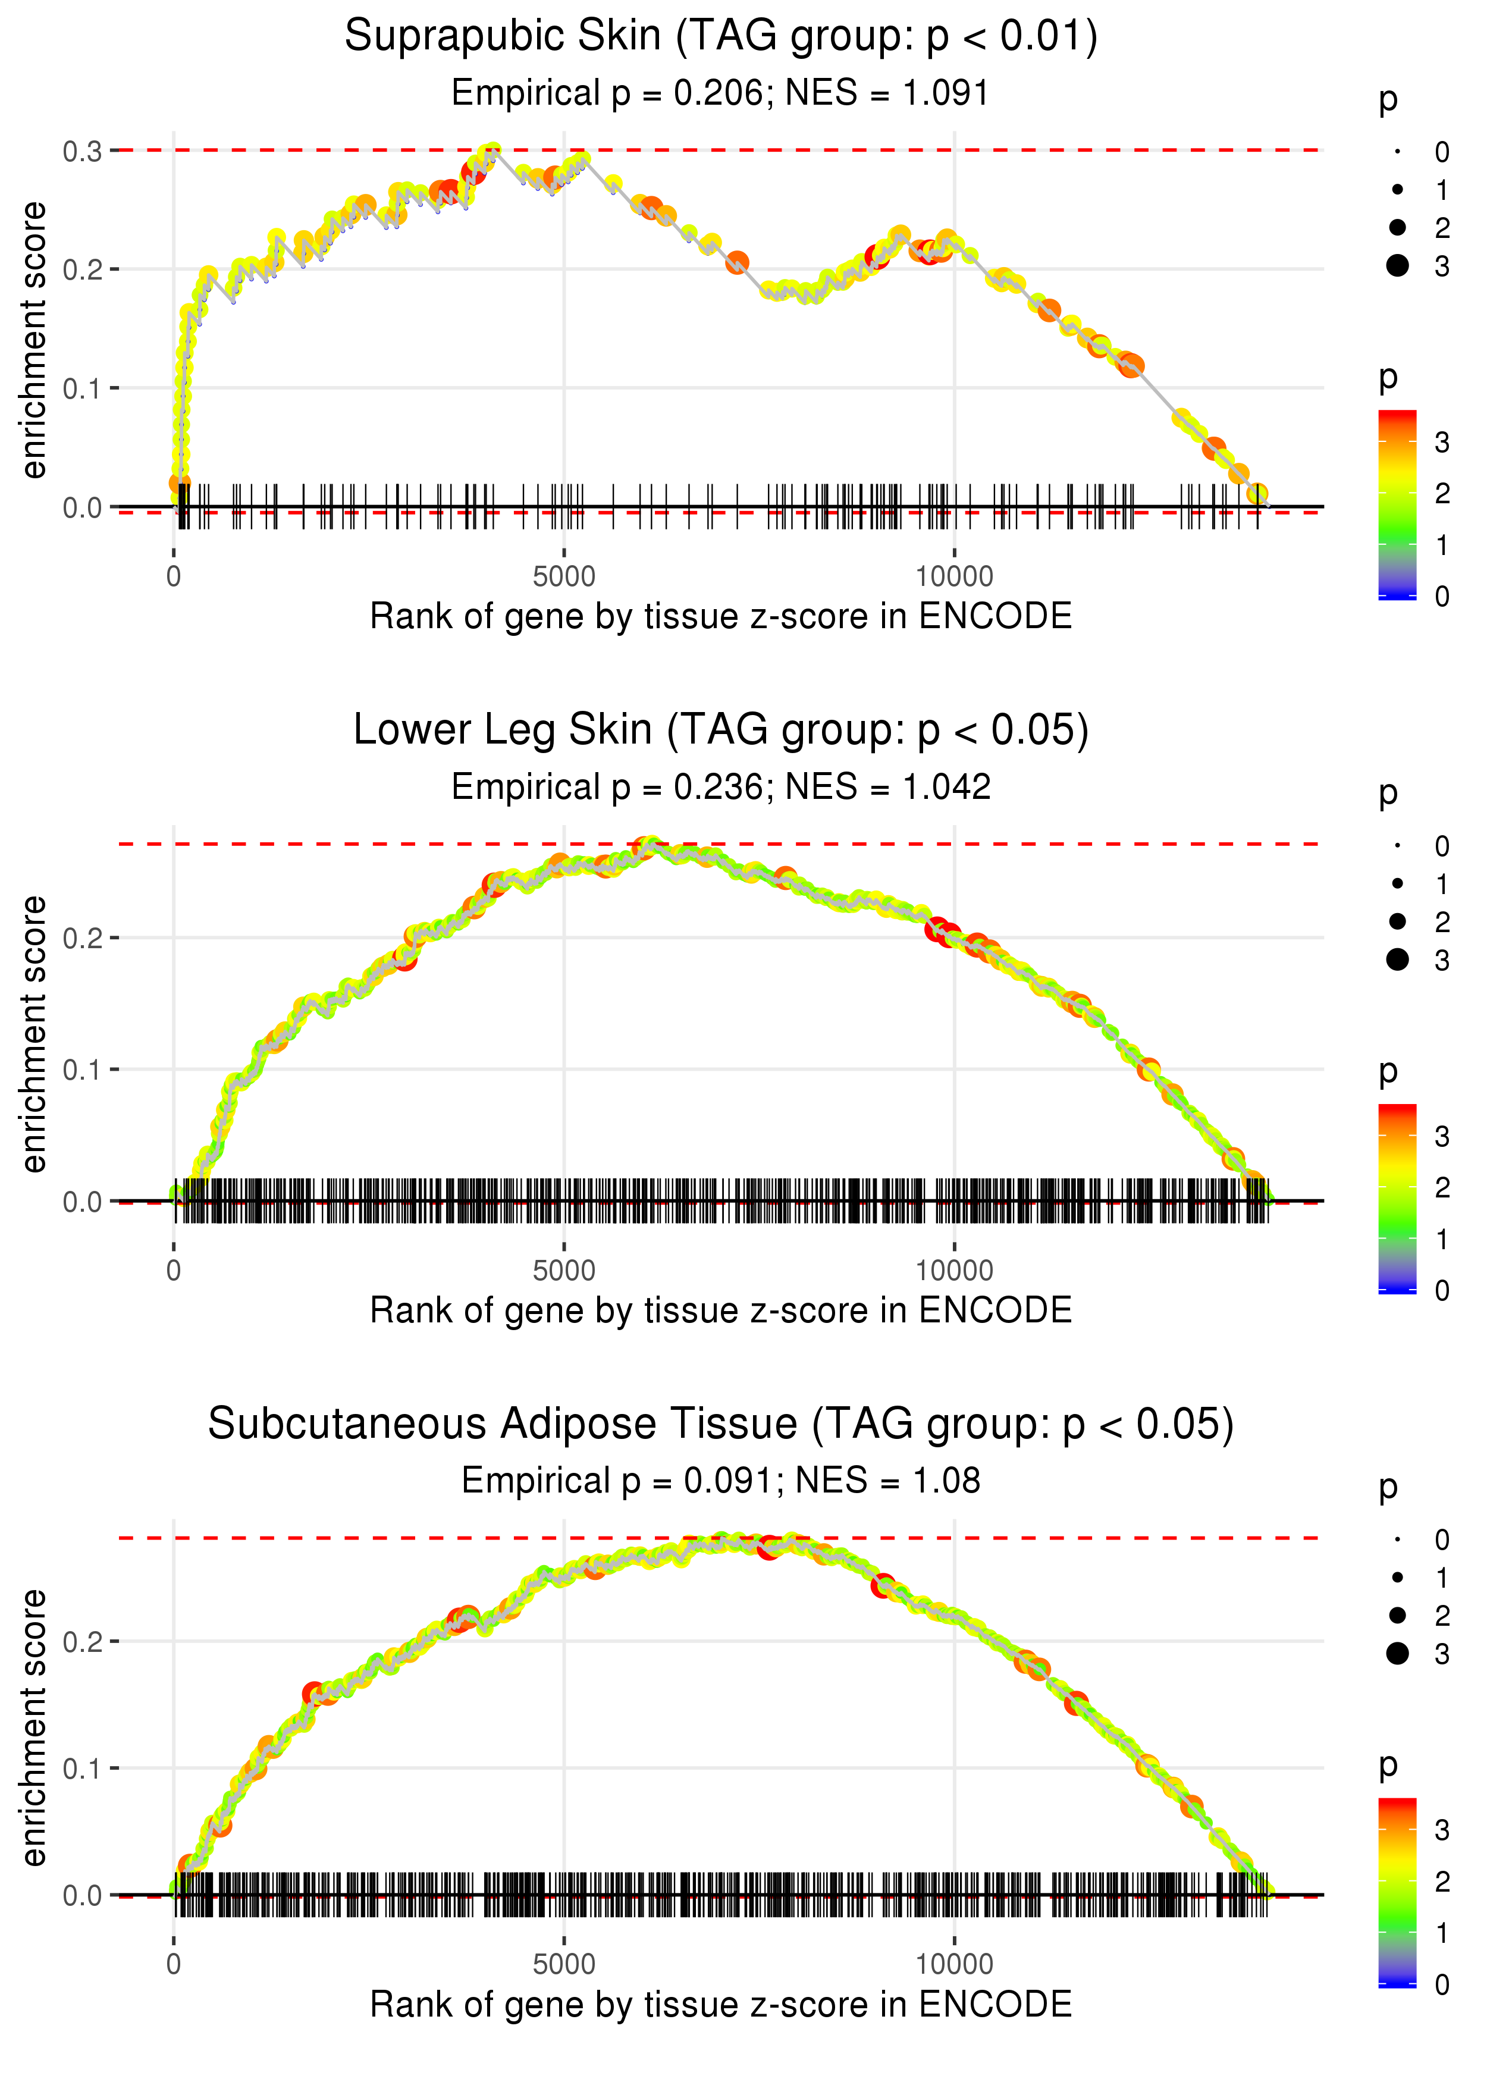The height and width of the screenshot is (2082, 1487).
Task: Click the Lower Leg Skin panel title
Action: [721, 730]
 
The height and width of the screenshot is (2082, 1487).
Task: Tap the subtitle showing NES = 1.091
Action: [721, 93]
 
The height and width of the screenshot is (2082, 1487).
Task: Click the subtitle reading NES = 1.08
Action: [721, 1481]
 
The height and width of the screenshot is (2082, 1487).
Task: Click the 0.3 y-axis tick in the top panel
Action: [83, 151]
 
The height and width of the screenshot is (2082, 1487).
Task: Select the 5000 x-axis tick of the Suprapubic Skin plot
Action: [564, 577]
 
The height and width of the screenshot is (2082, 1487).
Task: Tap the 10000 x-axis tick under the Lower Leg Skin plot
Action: [954, 1271]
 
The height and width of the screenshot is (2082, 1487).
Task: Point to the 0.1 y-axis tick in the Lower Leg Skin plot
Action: [83, 1070]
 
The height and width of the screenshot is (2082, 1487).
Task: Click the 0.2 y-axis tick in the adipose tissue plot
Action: [83, 1642]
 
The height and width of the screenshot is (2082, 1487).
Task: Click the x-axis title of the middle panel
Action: [721, 1310]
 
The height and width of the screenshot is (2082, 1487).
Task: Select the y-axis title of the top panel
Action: [34, 341]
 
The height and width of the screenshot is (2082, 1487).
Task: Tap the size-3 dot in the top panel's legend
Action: [1397, 265]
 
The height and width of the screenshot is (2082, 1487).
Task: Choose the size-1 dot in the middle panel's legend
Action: [1397, 883]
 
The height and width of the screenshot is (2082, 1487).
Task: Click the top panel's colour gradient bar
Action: [1397, 504]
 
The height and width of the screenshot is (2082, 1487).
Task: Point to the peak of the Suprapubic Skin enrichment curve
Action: [492, 151]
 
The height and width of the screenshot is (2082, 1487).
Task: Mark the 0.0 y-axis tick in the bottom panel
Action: [83, 1895]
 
